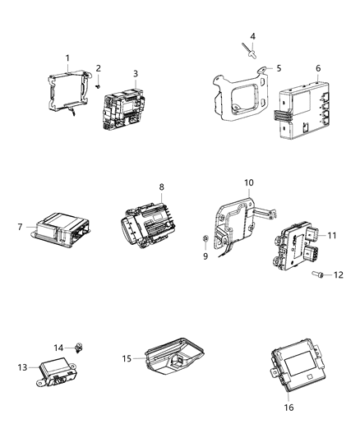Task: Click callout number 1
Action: pyautogui.click(x=68, y=58)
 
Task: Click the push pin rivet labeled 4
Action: pyautogui.click(x=250, y=52)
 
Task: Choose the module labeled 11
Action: pyautogui.click(x=299, y=242)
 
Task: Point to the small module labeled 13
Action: pyautogui.click(x=58, y=370)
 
